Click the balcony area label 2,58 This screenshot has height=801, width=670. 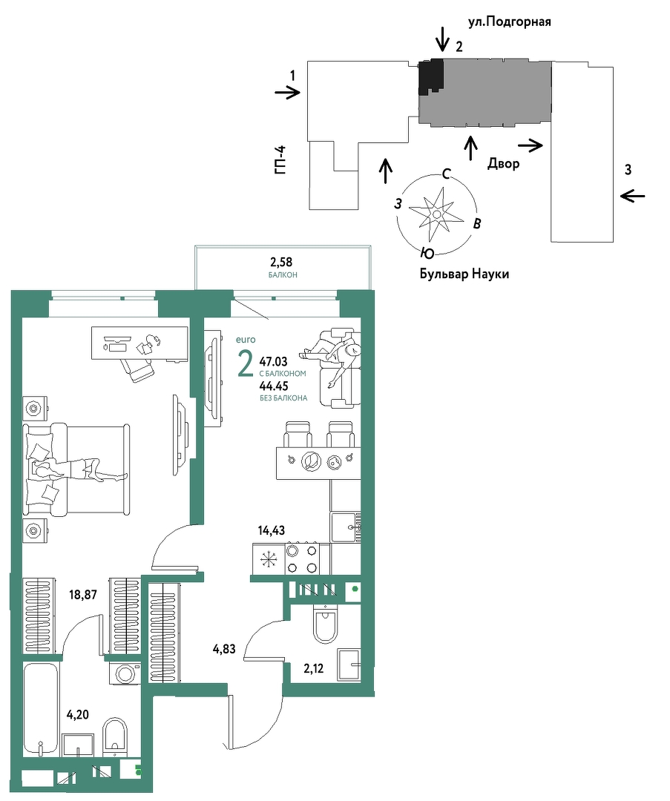tap(281, 262)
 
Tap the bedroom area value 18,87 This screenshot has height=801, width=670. tap(83, 595)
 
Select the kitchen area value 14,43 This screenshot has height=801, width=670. tap(272, 530)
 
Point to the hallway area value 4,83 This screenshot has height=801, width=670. tap(224, 649)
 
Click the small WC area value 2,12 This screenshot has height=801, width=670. tap(313, 669)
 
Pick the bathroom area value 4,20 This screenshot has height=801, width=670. tap(78, 715)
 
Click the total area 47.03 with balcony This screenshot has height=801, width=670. tap(274, 362)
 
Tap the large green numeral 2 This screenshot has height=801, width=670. tap(246, 363)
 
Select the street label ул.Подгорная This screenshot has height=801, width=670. tap(510, 22)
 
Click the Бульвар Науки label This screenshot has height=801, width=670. tap(464, 274)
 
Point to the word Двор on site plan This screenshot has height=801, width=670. tap(503, 163)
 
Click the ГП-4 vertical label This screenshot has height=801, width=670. tap(280, 160)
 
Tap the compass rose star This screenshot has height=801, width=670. tap(433, 214)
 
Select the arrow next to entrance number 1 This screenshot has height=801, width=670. tap(287, 93)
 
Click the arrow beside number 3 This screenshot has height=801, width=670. tap(632, 196)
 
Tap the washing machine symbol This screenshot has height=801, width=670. tap(124, 673)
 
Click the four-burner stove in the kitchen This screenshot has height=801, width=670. tap(302, 559)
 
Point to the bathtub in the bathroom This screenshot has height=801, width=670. tap(42, 709)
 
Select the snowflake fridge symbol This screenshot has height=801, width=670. tap(268, 559)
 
